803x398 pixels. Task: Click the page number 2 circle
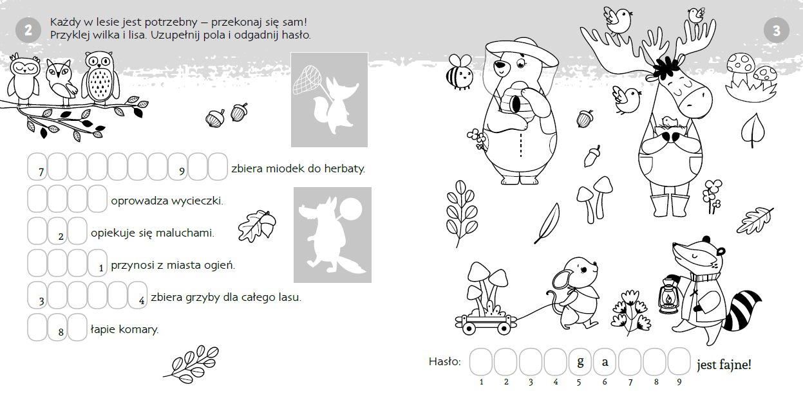[x=28, y=30]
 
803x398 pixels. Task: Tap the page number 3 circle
[x=777, y=30]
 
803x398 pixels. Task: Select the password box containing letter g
[x=580, y=362]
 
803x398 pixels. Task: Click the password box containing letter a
[x=605, y=362]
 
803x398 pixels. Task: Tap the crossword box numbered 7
[x=37, y=167]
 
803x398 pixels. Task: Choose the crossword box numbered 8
[x=57, y=327]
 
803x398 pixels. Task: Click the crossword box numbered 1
[x=97, y=263]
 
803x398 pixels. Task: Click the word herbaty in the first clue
[x=344, y=168]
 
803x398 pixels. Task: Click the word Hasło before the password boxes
[x=444, y=361]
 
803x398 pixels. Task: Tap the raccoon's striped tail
[x=742, y=310]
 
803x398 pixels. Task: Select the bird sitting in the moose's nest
[x=668, y=122]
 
